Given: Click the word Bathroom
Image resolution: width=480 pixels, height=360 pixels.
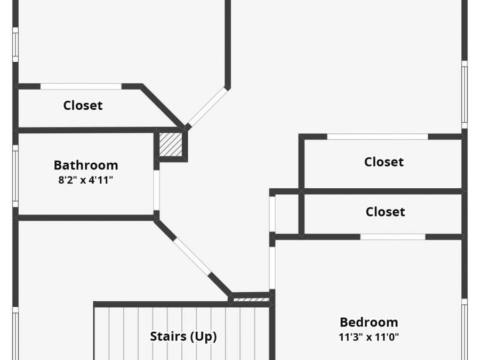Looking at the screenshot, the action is click(x=86, y=165).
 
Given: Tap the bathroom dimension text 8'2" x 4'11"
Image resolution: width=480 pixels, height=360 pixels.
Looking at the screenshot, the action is click(x=86, y=180).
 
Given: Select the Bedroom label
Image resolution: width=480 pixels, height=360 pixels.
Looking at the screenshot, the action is click(x=369, y=322).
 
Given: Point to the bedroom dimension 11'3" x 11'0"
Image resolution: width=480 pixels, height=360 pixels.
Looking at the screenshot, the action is click(x=369, y=337).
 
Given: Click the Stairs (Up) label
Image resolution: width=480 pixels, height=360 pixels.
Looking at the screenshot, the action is click(x=183, y=337).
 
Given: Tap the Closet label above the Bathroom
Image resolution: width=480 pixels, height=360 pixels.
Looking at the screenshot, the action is click(x=83, y=105).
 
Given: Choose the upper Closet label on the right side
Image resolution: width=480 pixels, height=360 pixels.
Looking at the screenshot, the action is click(x=384, y=162).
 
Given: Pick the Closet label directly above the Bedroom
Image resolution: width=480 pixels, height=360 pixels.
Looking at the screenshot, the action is click(x=386, y=212).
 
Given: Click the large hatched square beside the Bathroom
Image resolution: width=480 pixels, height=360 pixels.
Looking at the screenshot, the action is click(x=171, y=144).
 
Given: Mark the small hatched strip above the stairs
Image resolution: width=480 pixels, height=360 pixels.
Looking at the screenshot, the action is click(x=251, y=300).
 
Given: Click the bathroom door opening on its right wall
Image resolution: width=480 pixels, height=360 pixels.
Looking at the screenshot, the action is click(x=156, y=190).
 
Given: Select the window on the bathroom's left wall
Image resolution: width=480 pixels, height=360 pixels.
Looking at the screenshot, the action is click(x=15, y=176).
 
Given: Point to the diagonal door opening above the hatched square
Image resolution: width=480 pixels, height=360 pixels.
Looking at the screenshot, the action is click(x=206, y=107).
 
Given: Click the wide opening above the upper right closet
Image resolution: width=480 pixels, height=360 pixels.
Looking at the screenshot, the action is click(x=378, y=137).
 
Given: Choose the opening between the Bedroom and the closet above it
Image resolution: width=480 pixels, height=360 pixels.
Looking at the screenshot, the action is click(x=393, y=237).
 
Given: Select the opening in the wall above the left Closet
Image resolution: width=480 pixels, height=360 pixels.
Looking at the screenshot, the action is click(x=81, y=86).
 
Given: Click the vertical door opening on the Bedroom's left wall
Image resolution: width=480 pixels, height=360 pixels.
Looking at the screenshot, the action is click(x=272, y=268).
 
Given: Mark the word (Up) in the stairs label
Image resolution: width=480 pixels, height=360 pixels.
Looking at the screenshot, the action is click(x=204, y=337).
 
